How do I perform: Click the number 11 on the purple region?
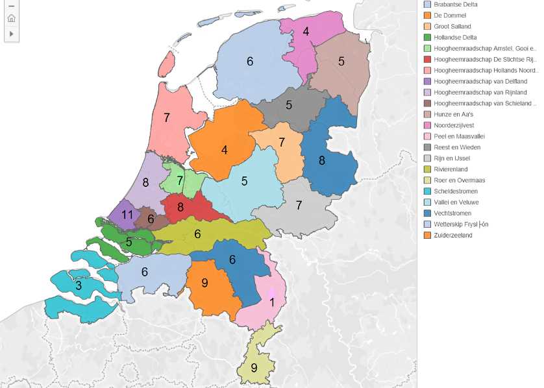point(127,215)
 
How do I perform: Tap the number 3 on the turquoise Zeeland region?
point(79,285)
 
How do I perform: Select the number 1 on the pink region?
point(272,302)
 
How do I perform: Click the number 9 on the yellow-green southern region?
point(254,367)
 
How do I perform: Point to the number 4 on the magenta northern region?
point(306,31)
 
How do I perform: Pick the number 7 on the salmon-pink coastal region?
point(167,118)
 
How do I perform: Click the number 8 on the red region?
point(180,208)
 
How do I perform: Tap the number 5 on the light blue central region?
point(244,181)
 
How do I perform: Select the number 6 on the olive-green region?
point(197,234)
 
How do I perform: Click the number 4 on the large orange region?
point(225,150)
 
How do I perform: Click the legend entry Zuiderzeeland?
point(452,235)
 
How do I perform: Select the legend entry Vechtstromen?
point(452,213)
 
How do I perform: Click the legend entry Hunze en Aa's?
point(453,114)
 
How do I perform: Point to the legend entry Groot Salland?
point(452,26)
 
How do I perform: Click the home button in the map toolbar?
point(12,18)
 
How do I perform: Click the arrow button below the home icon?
point(12,33)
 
